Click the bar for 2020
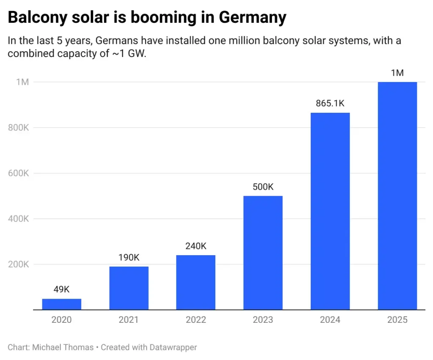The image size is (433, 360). click(62, 304)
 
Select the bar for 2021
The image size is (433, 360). click(129, 288)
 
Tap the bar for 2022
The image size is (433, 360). click(196, 282)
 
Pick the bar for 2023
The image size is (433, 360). click(263, 253)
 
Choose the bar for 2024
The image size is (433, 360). click(330, 211)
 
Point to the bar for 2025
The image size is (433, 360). click(397, 196)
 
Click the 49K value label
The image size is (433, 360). click(62, 289)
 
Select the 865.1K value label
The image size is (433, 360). click(330, 103)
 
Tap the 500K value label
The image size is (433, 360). click(263, 187)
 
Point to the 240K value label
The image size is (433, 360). click(196, 246)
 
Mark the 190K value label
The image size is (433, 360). click(129, 257)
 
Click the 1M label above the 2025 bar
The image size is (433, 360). click(397, 73)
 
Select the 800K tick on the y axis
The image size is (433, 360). click(18, 128)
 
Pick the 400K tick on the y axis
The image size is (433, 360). click(18, 219)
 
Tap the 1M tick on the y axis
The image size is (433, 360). click(22, 82)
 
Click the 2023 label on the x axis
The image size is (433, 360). click(263, 320)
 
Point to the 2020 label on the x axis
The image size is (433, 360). click(62, 320)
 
